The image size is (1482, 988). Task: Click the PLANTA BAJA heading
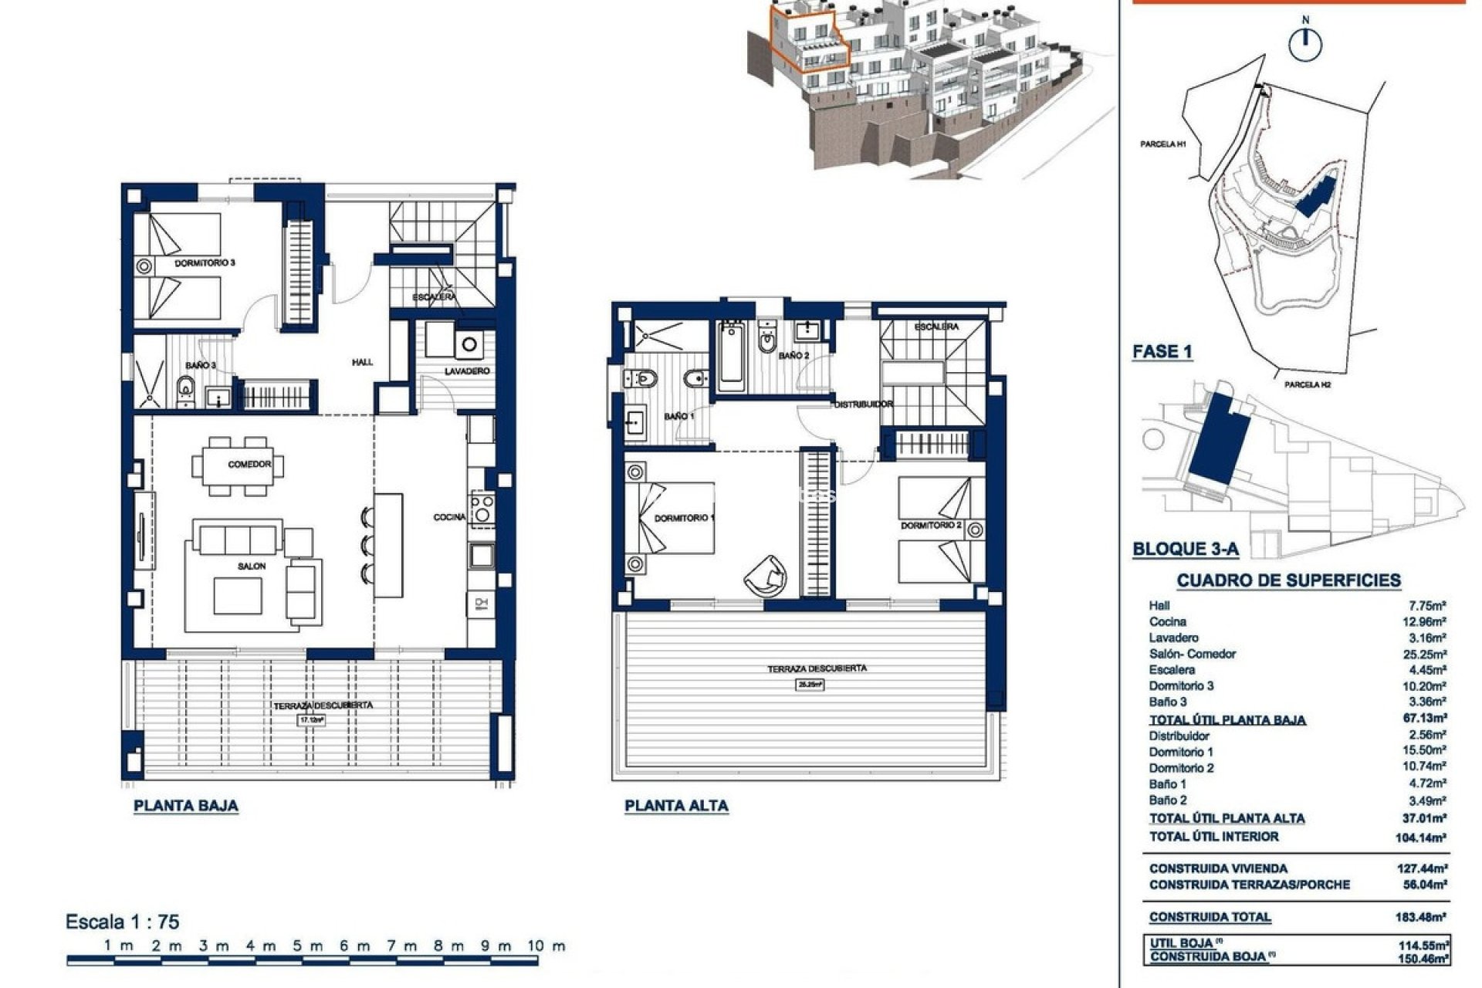186,806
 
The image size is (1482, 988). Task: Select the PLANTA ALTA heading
676,806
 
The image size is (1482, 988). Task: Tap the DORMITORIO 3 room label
205,263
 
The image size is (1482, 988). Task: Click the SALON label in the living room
252,567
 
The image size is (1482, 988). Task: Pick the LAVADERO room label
467,371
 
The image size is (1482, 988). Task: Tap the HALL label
362,362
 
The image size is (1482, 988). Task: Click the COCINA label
449,517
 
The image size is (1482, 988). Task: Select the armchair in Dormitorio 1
764,576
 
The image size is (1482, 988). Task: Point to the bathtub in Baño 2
731,357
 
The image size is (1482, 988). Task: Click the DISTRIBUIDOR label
863,404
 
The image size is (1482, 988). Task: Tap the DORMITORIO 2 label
931,526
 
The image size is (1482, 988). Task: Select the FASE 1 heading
1162,352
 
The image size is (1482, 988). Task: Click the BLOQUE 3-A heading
1185,550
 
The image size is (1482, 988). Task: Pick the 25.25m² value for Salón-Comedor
1426,654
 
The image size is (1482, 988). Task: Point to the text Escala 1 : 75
123,922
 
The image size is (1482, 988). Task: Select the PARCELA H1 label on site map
1163,144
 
